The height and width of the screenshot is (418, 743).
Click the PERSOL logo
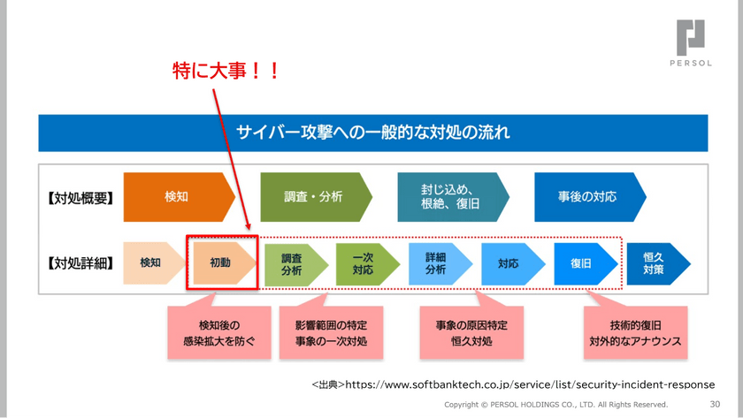691,42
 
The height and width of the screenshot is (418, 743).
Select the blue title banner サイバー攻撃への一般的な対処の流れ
372,133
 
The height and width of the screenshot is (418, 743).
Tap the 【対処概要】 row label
80,197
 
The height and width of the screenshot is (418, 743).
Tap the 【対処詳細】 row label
80,262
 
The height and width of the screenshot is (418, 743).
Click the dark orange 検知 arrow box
177,197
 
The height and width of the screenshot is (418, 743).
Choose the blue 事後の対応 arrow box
587,197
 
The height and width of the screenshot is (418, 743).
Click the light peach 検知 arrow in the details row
151,262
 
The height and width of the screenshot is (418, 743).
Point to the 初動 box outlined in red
221,262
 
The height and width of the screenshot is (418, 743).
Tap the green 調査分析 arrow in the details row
293,263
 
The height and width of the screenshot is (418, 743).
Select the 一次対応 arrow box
364,263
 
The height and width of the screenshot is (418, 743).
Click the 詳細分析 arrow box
436,263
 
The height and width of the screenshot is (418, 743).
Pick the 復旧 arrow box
581,263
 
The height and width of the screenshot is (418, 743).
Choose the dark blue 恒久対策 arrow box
655,263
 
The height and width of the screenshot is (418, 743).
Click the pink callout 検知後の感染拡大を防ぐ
219,333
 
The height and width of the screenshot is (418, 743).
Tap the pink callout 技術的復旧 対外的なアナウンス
635,333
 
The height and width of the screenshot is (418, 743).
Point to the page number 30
716,405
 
